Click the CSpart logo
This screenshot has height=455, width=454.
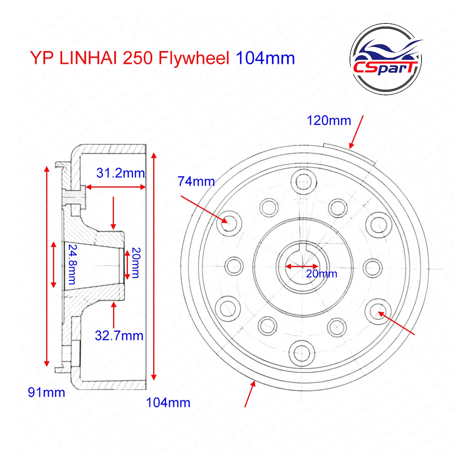click(x=386, y=59)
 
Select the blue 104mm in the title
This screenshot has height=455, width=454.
click(x=265, y=58)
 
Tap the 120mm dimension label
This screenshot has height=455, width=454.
click(x=328, y=121)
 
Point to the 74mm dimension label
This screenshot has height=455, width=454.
click(x=196, y=182)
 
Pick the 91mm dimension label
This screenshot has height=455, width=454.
click(x=47, y=393)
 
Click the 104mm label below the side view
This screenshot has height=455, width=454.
click(x=168, y=403)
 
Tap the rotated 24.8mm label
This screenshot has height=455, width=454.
click(x=72, y=264)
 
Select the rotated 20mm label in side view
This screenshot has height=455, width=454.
click(x=136, y=263)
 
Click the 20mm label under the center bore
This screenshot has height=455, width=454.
click(x=322, y=273)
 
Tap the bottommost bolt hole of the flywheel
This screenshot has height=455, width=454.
click(x=302, y=352)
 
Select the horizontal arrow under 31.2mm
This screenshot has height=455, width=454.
click(x=115, y=187)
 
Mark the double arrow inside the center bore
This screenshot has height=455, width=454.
click(x=302, y=266)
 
